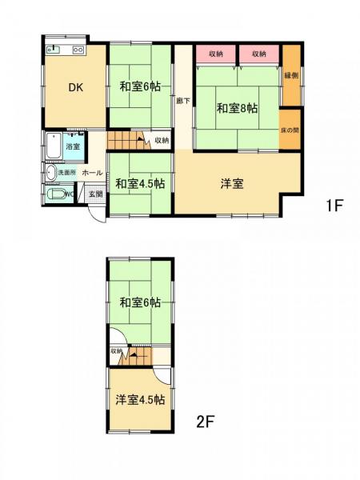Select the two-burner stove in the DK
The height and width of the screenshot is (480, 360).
point(78,50)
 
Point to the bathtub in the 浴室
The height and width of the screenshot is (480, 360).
point(54,146)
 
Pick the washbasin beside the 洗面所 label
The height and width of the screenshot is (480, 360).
point(51,171)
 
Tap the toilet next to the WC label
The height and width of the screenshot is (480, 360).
point(56,194)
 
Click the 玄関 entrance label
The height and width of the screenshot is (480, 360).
point(95,194)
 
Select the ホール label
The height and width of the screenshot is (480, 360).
point(91,173)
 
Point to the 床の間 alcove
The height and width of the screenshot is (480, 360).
point(290,130)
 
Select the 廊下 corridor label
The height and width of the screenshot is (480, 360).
point(182,99)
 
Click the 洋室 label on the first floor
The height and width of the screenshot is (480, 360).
point(232,183)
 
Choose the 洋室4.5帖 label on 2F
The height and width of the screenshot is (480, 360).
point(138,399)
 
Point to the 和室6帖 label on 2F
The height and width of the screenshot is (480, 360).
point(141,302)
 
